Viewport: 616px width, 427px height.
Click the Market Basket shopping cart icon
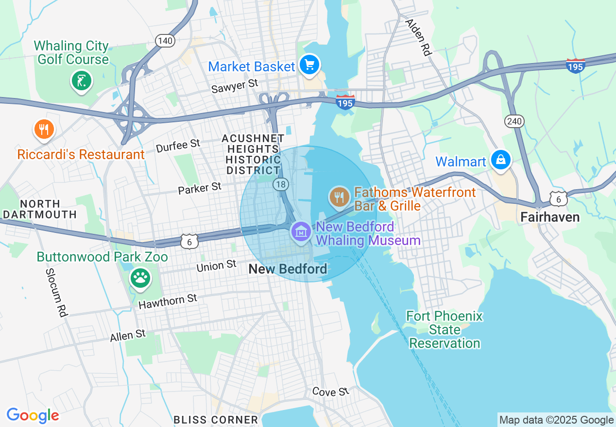pos(309,65)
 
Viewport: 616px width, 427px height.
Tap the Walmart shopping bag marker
pos(500,159)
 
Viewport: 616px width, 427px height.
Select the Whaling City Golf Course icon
pos(81,80)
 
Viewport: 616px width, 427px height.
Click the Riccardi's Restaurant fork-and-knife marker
pos(44,129)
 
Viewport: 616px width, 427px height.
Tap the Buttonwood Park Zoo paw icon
pos(140,278)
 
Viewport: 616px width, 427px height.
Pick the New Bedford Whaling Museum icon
pos(301,231)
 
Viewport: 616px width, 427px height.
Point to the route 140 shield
pos(165,41)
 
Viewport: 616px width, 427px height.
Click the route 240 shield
pos(514,121)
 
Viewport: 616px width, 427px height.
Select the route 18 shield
pos(281,184)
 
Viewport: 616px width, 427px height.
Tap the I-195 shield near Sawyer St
pos(345,101)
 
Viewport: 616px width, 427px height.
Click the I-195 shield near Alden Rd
pos(575,66)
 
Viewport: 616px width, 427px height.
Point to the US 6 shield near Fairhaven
pos(559,198)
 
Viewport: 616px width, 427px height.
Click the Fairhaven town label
pos(549,217)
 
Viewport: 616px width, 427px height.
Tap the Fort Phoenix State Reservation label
pos(445,330)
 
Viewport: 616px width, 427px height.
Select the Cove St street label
pos(330,391)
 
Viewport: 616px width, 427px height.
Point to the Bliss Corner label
pos(216,420)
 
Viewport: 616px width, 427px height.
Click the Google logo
pos(33,415)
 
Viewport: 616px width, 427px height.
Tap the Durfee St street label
pos(178,145)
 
